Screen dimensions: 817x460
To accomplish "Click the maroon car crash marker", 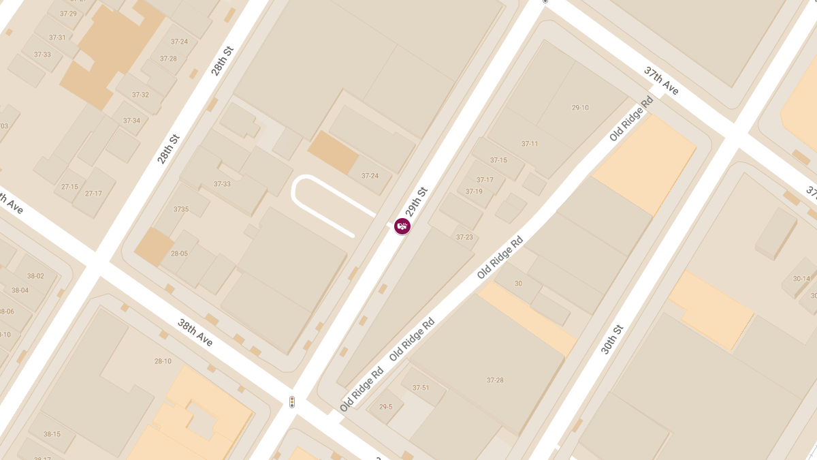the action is click(402, 226).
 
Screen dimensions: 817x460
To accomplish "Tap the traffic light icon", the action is click(292, 402).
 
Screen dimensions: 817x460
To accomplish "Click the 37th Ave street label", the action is click(662, 81).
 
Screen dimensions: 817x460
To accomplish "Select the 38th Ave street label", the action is click(195, 332).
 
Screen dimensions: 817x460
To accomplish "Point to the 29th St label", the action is click(416, 202).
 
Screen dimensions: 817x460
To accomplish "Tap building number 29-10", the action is click(580, 108).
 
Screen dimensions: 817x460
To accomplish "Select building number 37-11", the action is click(530, 144).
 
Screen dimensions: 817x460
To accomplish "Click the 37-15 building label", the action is click(498, 160).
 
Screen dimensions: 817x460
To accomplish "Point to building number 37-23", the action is click(464, 237).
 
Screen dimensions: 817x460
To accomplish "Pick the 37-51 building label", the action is click(421, 388).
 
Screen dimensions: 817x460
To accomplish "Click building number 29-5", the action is click(386, 407).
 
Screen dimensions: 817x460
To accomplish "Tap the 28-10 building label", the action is click(163, 361).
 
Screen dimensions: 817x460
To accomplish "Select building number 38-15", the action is click(52, 434).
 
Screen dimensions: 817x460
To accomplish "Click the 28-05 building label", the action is click(179, 254).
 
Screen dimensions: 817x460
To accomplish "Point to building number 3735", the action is click(180, 209).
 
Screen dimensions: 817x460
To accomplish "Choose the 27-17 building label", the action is click(93, 194).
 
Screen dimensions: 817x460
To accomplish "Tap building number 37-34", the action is click(131, 121).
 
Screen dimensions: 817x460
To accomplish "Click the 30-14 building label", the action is click(801, 278).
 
